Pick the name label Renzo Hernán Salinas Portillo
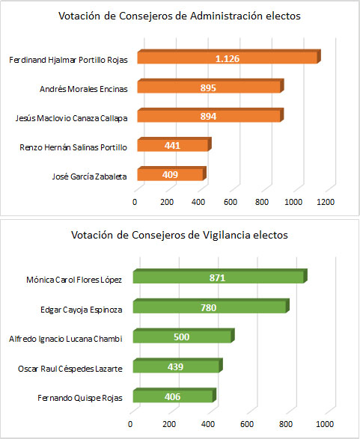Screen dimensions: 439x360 click(73, 147)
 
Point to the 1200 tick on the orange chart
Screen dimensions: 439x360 click(326, 202)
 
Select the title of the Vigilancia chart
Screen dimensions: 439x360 click(180, 235)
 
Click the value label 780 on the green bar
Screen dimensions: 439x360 click(210, 307)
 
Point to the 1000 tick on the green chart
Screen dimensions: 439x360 click(324, 423)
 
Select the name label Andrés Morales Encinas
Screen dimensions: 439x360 click(83, 89)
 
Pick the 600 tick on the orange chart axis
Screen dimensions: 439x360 click(231, 202)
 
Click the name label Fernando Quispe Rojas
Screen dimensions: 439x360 click(81, 396)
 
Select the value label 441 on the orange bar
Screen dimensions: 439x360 click(172, 147)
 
